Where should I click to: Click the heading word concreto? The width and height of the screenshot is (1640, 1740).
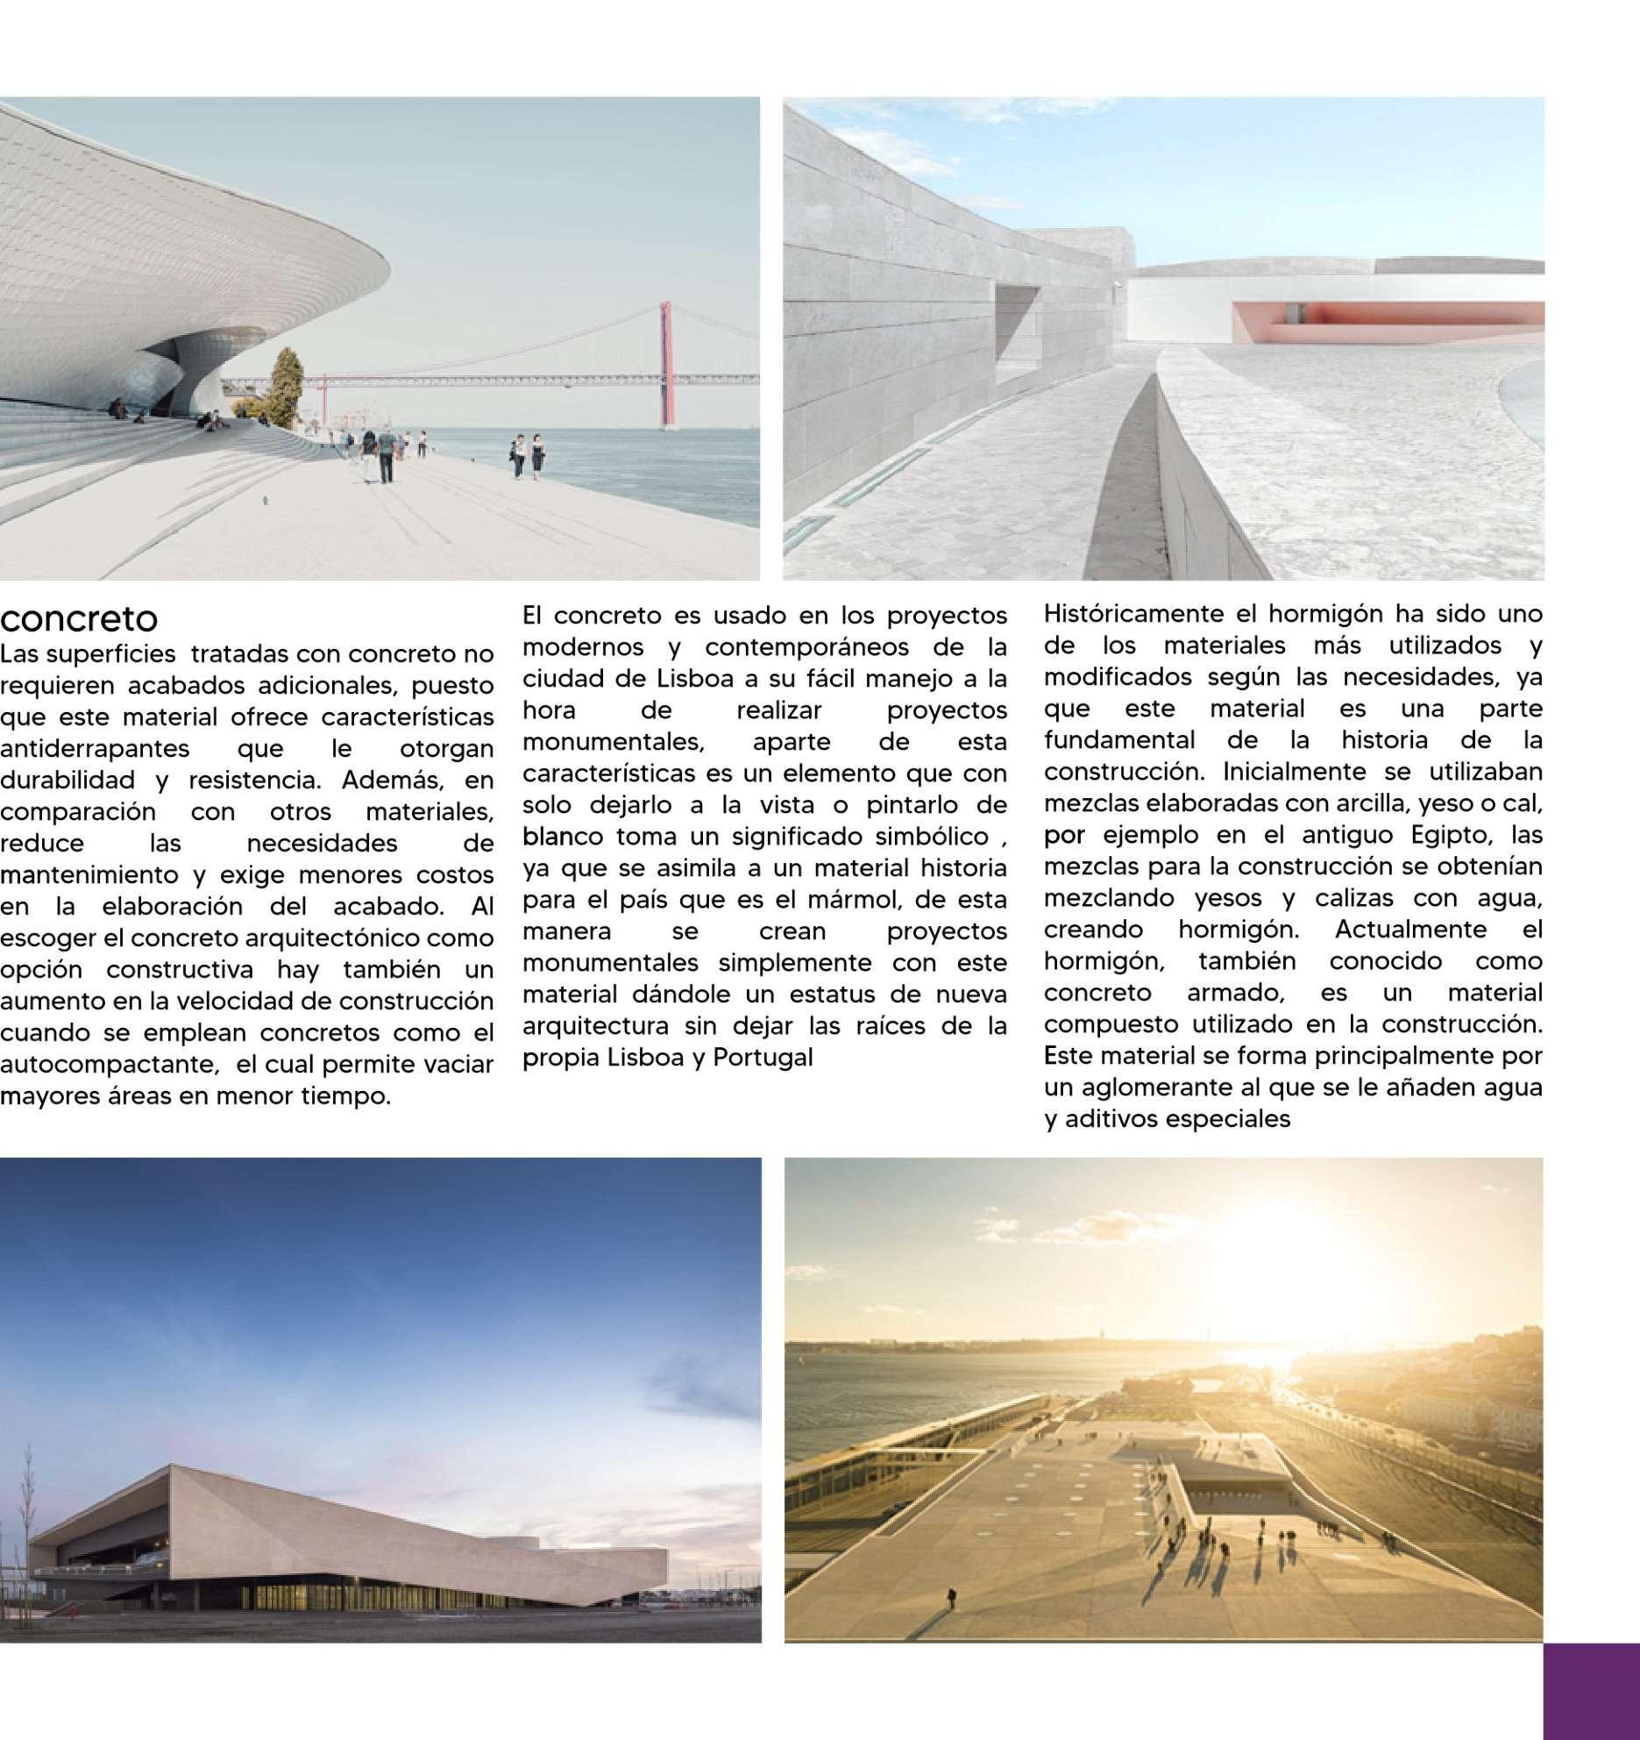pos(79,620)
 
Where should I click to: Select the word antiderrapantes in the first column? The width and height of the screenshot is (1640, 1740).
pos(95,749)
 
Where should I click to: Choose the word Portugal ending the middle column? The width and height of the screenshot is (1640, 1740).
pos(763,1059)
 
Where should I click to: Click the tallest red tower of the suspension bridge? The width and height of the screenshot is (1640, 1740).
pos(668,366)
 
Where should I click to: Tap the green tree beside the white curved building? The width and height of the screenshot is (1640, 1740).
pos(284,382)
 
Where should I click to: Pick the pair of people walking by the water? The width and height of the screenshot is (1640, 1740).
pos(526,455)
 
